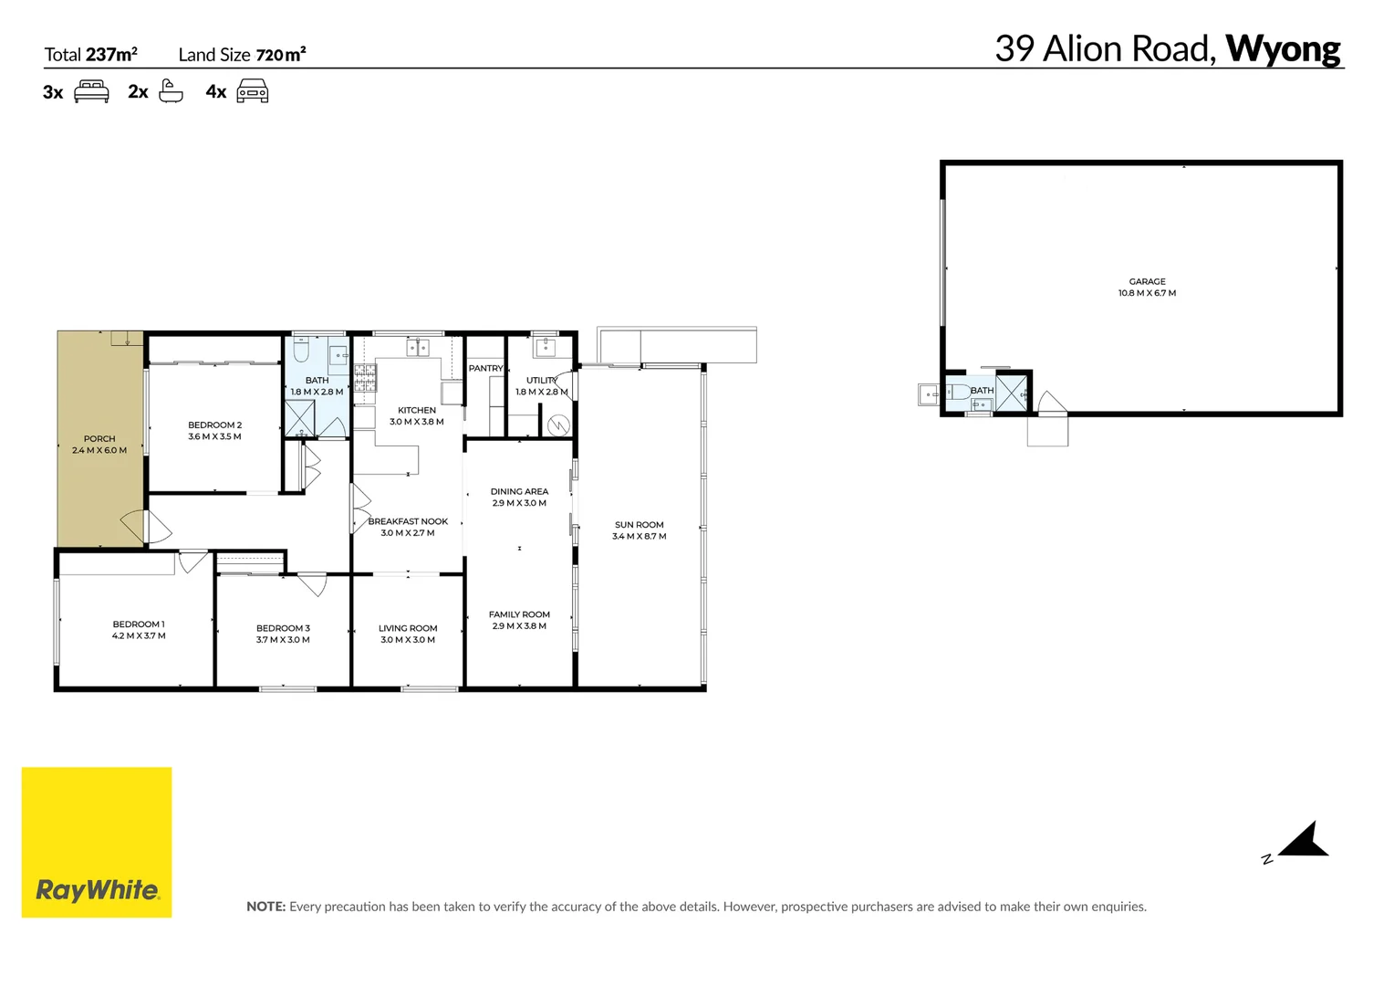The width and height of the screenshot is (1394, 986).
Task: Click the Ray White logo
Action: tap(97, 842)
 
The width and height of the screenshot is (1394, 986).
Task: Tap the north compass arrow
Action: tap(1305, 841)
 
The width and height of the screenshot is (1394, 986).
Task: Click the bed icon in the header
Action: tap(91, 91)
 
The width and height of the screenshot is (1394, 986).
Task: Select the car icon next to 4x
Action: tap(253, 91)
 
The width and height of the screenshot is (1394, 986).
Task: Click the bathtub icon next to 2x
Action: tap(171, 91)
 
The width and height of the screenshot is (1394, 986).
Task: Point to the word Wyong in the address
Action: tap(1282, 48)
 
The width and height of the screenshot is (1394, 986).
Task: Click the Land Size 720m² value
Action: tap(280, 55)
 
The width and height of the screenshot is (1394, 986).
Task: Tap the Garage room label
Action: tap(1147, 281)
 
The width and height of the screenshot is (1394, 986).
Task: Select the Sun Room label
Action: tap(639, 525)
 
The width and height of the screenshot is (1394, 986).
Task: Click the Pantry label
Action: tap(485, 369)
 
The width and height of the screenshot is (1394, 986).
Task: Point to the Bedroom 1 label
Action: tap(139, 624)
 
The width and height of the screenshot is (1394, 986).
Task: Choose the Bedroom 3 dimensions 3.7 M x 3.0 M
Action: tap(283, 640)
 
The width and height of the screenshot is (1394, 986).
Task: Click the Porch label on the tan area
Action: tap(99, 439)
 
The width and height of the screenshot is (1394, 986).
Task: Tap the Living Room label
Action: tap(408, 628)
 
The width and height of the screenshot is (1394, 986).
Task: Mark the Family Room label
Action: tap(519, 614)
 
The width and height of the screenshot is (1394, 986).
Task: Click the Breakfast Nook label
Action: tap(408, 521)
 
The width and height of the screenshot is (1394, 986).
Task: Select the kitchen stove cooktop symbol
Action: tap(365, 378)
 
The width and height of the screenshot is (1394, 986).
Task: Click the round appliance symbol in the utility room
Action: tap(558, 425)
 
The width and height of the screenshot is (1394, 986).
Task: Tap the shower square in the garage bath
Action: tap(1011, 394)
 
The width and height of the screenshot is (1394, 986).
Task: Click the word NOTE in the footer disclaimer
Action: tap(265, 907)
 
